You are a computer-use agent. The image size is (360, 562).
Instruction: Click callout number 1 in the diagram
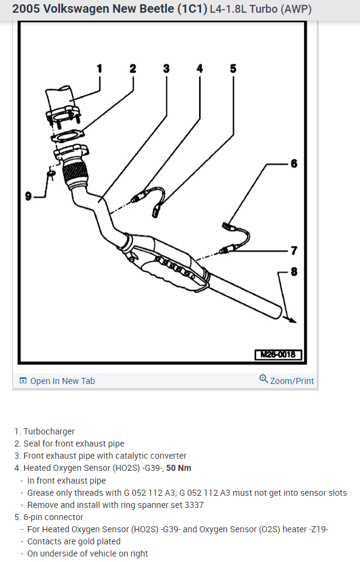(100, 69)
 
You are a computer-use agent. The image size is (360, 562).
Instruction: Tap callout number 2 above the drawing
(133, 69)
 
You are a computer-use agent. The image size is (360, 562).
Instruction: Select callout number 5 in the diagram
(233, 69)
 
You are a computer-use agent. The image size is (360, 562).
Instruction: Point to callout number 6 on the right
(294, 164)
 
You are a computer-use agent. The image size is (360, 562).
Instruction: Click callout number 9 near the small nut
(29, 196)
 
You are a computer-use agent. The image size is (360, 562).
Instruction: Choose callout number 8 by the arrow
(294, 272)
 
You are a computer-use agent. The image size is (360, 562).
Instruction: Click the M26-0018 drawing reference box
(278, 355)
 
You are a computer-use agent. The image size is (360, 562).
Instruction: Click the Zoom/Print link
(292, 381)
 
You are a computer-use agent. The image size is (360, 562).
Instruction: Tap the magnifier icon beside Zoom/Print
(263, 379)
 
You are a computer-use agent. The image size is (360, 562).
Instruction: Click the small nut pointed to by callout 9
(51, 174)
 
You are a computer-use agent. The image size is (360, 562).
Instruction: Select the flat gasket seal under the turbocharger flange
(67, 136)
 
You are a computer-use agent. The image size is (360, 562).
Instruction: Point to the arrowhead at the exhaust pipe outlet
(292, 320)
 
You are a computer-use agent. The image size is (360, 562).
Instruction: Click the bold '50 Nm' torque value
(178, 468)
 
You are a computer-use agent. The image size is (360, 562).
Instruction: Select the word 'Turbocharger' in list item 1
(49, 431)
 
